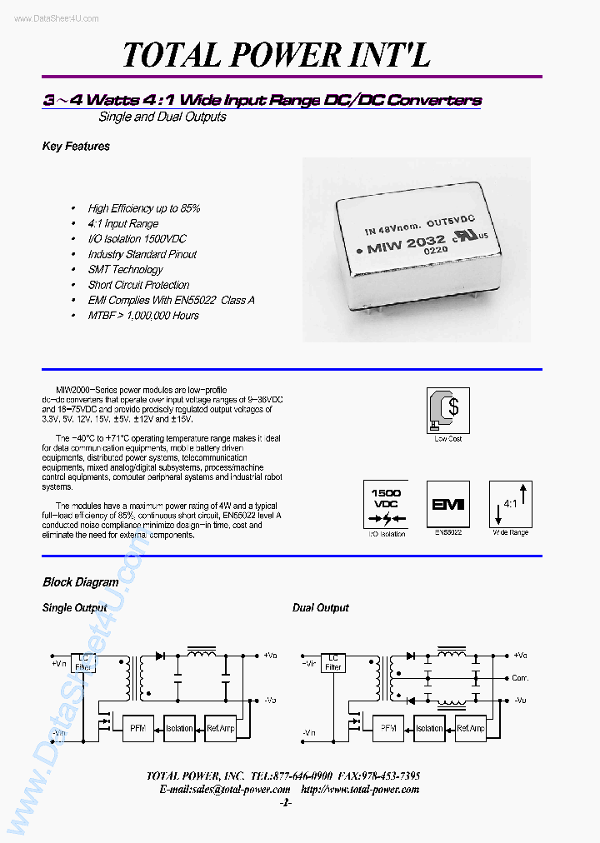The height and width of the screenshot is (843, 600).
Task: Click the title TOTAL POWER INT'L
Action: (x=277, y=55)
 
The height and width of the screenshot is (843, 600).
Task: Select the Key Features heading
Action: (x=76, y=147)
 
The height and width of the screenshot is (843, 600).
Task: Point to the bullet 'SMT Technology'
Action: (x=125, y=270)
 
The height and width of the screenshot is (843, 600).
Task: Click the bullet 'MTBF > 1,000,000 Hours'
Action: (x=143, y=316)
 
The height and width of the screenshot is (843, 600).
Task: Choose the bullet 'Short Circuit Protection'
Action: (x=138, y=285)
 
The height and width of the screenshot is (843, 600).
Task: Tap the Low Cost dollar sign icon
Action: (x=448, y=409)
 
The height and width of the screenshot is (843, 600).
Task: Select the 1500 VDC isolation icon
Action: (x=385, y=504)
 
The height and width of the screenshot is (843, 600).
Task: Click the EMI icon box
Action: (x=447, y=504)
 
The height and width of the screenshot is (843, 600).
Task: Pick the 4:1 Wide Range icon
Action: (x=510, y=504)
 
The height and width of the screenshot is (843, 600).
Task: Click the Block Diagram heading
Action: (x=80, y=582)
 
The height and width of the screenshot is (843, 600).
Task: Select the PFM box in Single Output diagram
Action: (x=137, y=728)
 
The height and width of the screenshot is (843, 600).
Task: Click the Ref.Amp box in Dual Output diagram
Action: (x=471, y=728)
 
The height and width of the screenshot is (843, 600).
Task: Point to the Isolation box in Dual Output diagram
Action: (x=429, y=728)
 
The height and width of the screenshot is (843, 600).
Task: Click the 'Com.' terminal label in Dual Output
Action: (x=521, y=678)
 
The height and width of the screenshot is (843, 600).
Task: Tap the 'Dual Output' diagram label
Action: (x=320, y=608)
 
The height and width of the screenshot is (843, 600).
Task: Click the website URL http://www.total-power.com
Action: (x=360, y=789)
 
